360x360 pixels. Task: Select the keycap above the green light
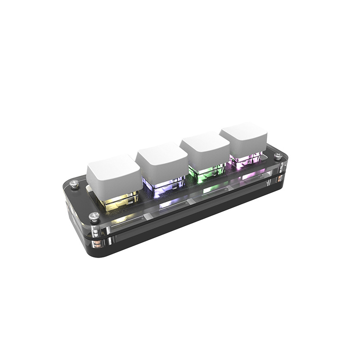coord(204,146)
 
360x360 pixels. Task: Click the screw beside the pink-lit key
coord(279,156)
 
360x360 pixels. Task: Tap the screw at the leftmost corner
coord(74,183)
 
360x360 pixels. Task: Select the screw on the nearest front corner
coord(94,216)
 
